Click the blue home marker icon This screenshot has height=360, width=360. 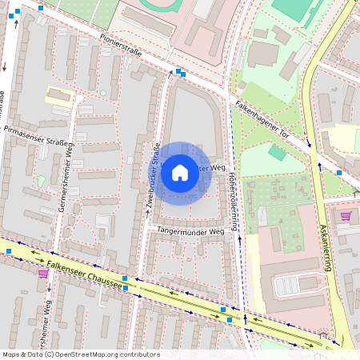tap(180, 172)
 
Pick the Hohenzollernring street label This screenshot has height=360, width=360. tap(232, 200)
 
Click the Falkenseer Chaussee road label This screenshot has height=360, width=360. tap(84, 271)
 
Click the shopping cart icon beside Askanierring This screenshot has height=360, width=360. tap(346, 216)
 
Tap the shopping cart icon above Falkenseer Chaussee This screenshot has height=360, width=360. tap(43, 273)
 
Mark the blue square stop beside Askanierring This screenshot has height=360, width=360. tap(339, 173)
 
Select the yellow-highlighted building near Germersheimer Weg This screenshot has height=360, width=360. tap(59, 96)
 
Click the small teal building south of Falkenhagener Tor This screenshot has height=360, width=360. tap(277, 152)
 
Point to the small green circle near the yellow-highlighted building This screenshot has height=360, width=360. tap(102, 93)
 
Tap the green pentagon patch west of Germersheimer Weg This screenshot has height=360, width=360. tap(41, 182)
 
